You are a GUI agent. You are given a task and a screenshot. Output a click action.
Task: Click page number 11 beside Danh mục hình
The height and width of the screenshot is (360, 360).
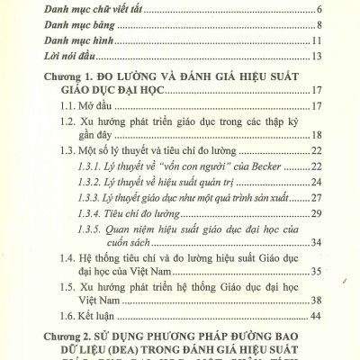[316, 41]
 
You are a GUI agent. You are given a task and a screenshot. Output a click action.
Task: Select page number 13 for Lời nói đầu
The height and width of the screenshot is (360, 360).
[316, 58]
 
